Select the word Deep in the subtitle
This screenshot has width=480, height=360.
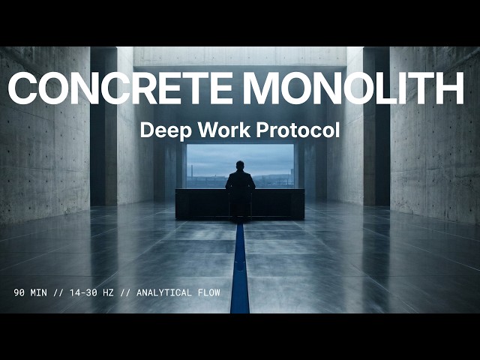tap(161, 130)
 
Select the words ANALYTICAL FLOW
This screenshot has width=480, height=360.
tap(178, 292)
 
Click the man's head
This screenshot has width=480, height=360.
tap(240, 166)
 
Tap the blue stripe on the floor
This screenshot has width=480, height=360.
tap(240, 270)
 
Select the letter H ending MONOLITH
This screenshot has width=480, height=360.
tap(449, 88)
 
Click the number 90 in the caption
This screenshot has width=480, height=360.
tap(19, 292)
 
